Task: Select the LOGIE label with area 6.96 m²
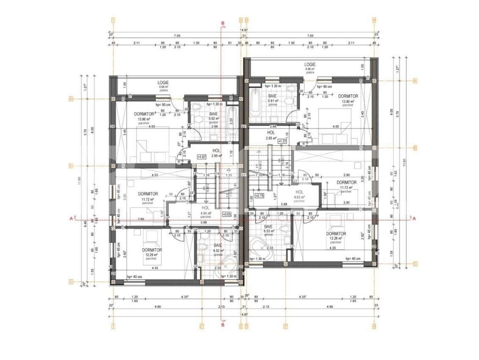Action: pyautogui.click(x=310, y=64)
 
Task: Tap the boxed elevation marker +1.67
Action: pyautogui.click(x=201, y=157)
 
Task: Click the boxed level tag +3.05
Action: pyautogui.click(x=226, y=215)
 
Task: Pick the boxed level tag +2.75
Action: pyautogui.click(x=259, y=196)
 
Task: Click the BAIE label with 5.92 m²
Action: pyautogui.click(x=213, y=114)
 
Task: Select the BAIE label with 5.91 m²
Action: pyautogui.click(x=272, y=97)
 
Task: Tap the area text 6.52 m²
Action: pyautogui.click(x=218, y=251)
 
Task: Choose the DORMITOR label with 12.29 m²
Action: pyautogui.click(x=151, y=250)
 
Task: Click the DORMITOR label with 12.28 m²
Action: pyautogui.click(x=336, y=234)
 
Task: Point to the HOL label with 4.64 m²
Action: pyautogui.click(x=206, y=208)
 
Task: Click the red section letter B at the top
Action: pyautogui.click(x=223, y=23)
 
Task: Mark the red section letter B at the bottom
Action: pyautogui.click(x=223, y=325)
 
